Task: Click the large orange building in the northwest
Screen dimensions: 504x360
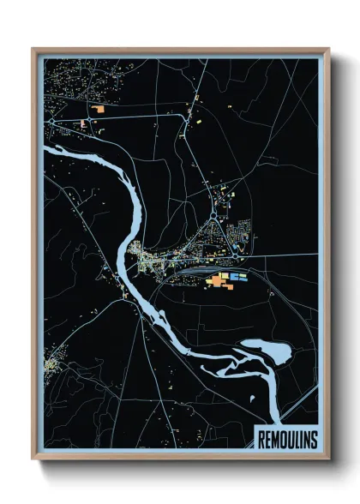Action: (100, 110)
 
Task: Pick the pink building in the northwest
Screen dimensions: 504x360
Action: (83, 124)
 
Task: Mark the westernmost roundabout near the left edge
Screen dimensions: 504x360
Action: (52, 123)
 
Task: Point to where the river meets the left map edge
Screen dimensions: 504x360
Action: (45, 153)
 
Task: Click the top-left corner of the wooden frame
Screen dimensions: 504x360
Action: (33, 49)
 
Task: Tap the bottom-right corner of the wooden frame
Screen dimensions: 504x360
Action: (328, 460)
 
